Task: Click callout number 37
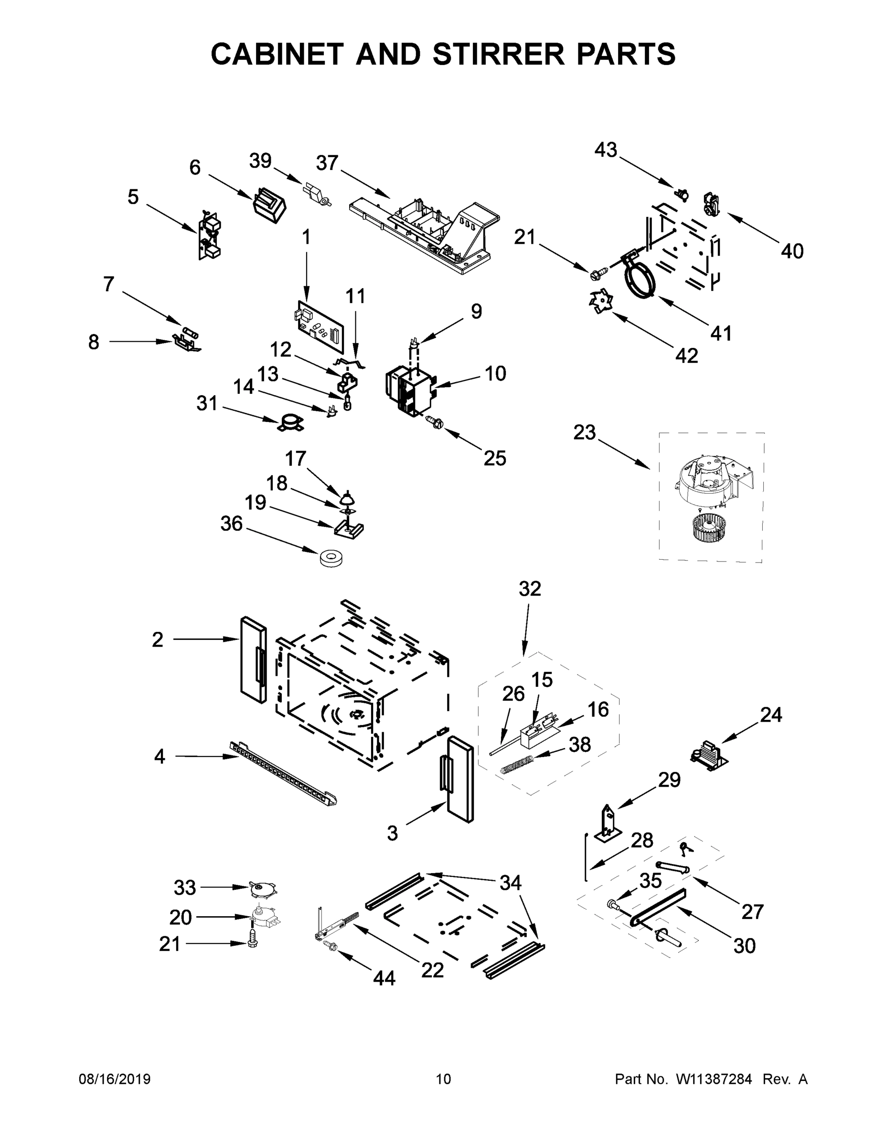pyautogui.click(x=327, y=163)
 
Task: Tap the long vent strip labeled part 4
pyautogui.click(x=283, y=771)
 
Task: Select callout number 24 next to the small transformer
pyautogui.click(x=770, y=715)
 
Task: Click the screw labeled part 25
pyautogui.click(x=435, y=421)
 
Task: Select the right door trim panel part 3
pyautogui.click(x=460, y=780)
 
